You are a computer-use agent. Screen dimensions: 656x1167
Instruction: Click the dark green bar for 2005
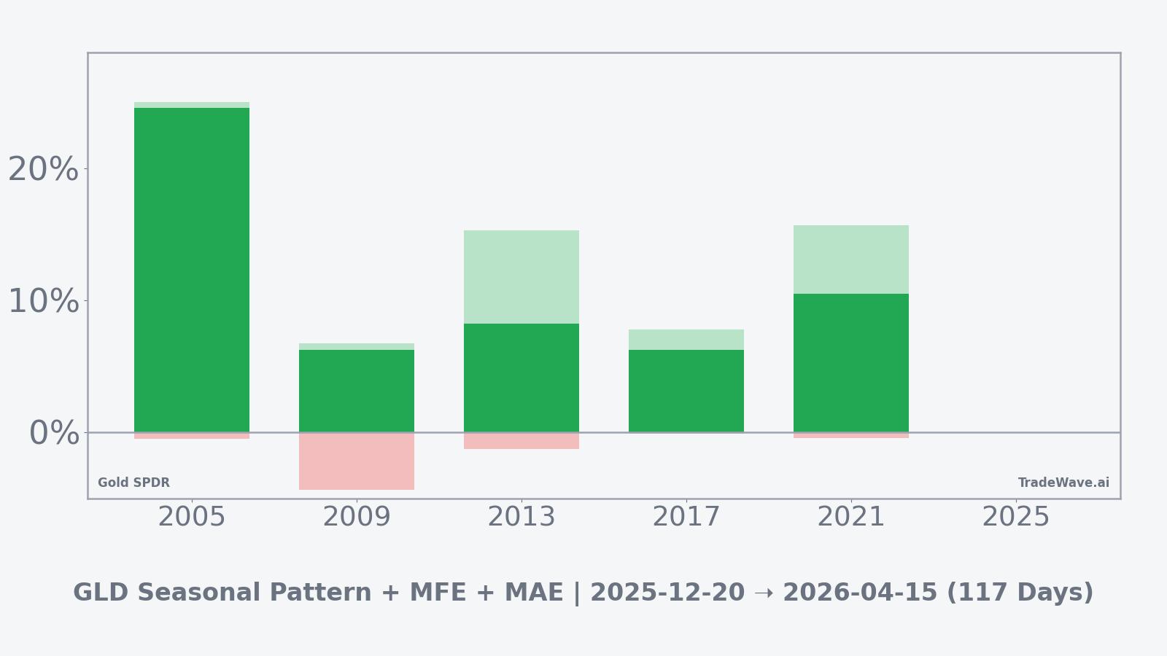(192, 270)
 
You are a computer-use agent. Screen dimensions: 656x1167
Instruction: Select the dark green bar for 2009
(357, 391)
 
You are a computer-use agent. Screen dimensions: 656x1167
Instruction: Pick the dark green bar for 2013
(522, 378)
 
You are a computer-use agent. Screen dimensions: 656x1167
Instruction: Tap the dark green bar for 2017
(686, 391)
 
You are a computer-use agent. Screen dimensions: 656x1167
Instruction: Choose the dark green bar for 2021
(851, 363)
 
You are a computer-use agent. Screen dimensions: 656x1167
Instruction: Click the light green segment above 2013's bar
(522, 277)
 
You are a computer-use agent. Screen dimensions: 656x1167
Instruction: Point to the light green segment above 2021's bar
(851, 259)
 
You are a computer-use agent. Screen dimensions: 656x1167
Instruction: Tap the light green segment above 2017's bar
(686, 340)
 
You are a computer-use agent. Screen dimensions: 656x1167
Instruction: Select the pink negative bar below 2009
(357, 461)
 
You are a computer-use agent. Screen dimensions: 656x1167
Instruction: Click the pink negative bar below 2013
(522, 441)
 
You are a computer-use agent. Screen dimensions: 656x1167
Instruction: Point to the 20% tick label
(43, 170)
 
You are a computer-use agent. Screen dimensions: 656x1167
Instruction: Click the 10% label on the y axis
(43, 302)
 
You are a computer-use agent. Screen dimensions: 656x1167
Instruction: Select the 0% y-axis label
(54, 434)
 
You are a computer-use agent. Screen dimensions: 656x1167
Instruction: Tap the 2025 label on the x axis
(1016, 518)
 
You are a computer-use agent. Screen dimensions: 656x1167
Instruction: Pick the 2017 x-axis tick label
(686, 518)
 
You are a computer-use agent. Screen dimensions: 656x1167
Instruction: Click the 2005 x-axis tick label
(192, 518)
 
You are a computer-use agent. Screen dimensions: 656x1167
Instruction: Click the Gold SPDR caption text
(133, 483)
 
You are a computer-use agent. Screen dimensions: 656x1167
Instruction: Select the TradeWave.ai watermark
(1063, 483)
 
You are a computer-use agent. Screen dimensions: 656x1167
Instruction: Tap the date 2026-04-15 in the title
(860, 593)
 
